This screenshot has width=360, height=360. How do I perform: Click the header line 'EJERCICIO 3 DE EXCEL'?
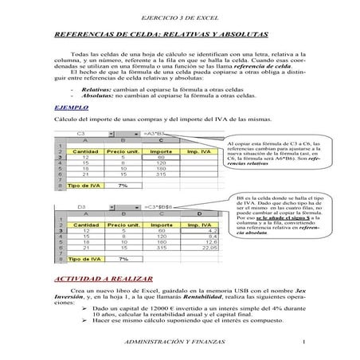[x=179, y=17]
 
